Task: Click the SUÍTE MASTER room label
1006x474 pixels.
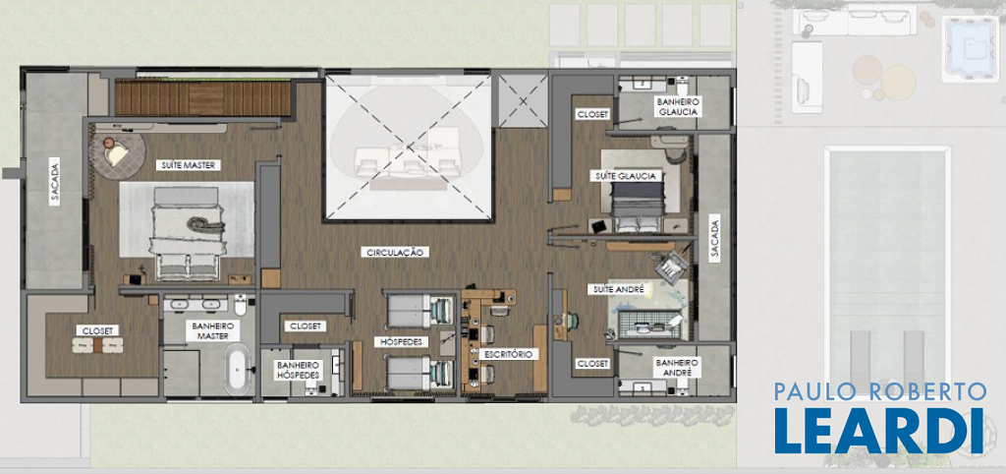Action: tap(189, 165)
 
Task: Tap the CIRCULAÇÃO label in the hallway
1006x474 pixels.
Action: tap(394, 253)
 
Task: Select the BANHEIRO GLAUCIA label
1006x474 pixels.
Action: tap(677, 106)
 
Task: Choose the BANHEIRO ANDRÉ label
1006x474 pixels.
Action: tap(676, 368)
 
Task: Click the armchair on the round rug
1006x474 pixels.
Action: tap(116, 154)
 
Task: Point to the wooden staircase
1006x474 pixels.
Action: tap(202, 97)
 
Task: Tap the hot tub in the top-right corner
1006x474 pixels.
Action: tap(971, 49)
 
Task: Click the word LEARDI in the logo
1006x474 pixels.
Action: tap(878, 430)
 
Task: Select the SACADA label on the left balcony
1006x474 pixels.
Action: tap(55, 183)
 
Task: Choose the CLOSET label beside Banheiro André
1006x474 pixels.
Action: tap(592, 364)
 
